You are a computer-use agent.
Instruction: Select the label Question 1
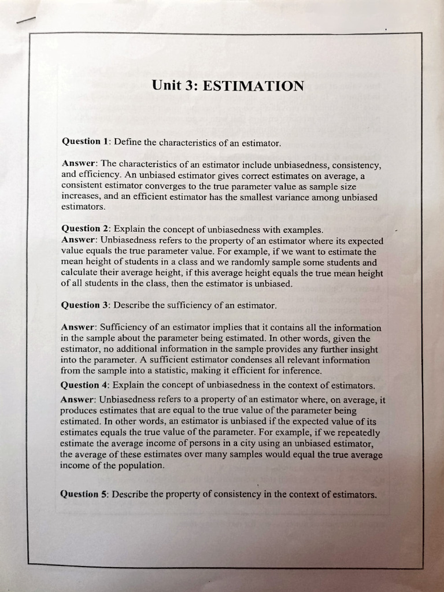(x=86, y=141)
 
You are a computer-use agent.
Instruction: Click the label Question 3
(x=86, y=305)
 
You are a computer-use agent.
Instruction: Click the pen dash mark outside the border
(x=26, y=20)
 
